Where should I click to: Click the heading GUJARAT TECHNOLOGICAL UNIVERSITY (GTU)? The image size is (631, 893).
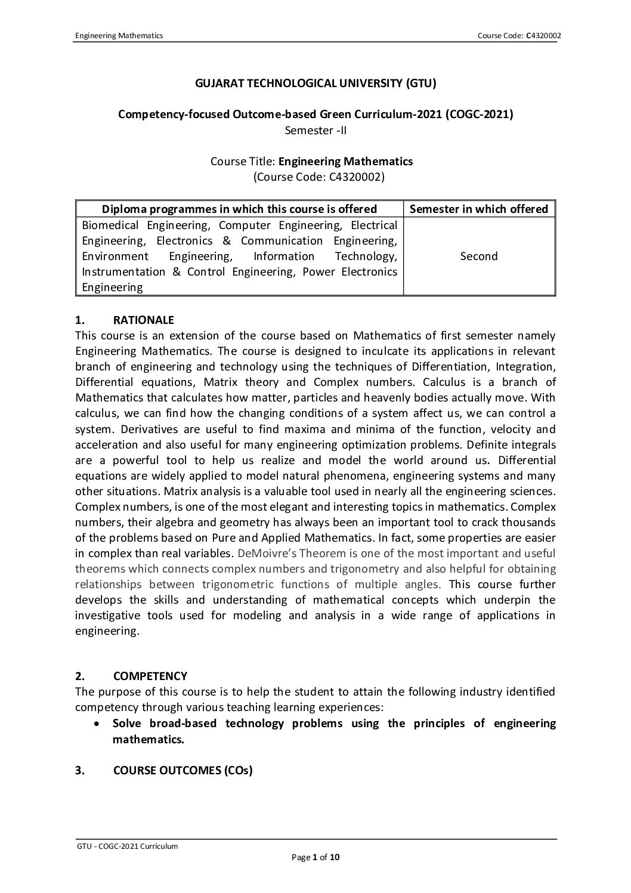tap(315, 84)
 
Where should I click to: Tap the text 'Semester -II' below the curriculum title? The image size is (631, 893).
tap(315, 129)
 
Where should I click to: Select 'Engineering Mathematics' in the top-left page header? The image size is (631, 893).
tap(119, 36)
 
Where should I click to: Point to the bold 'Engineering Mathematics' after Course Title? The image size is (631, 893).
tap(345, 161)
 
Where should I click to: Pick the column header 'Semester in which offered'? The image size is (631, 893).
tap(479, 209)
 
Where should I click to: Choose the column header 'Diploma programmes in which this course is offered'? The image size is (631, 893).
tap(240, 209)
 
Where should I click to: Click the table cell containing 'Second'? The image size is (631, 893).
tap(479, 257)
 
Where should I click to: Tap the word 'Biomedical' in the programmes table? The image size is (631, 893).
tap(110, 225)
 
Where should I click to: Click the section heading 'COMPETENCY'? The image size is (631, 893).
tap(150, 676)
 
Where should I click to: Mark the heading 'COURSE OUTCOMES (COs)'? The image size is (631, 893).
tap(183, 770)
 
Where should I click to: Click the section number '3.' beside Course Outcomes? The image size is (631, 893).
tap(80, 770)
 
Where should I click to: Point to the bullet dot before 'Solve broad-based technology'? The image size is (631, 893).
tap(97, 724)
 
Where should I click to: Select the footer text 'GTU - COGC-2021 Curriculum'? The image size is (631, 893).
tap(128, 846)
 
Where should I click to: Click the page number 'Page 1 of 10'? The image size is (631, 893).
tap(315, 858)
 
